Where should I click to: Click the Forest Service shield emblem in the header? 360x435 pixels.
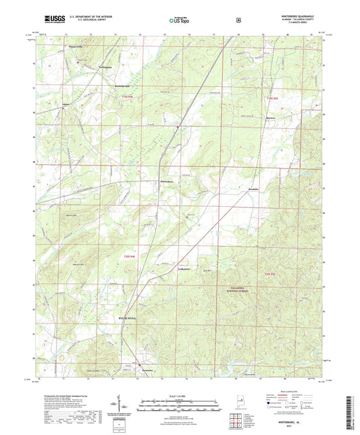coord(238,20)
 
